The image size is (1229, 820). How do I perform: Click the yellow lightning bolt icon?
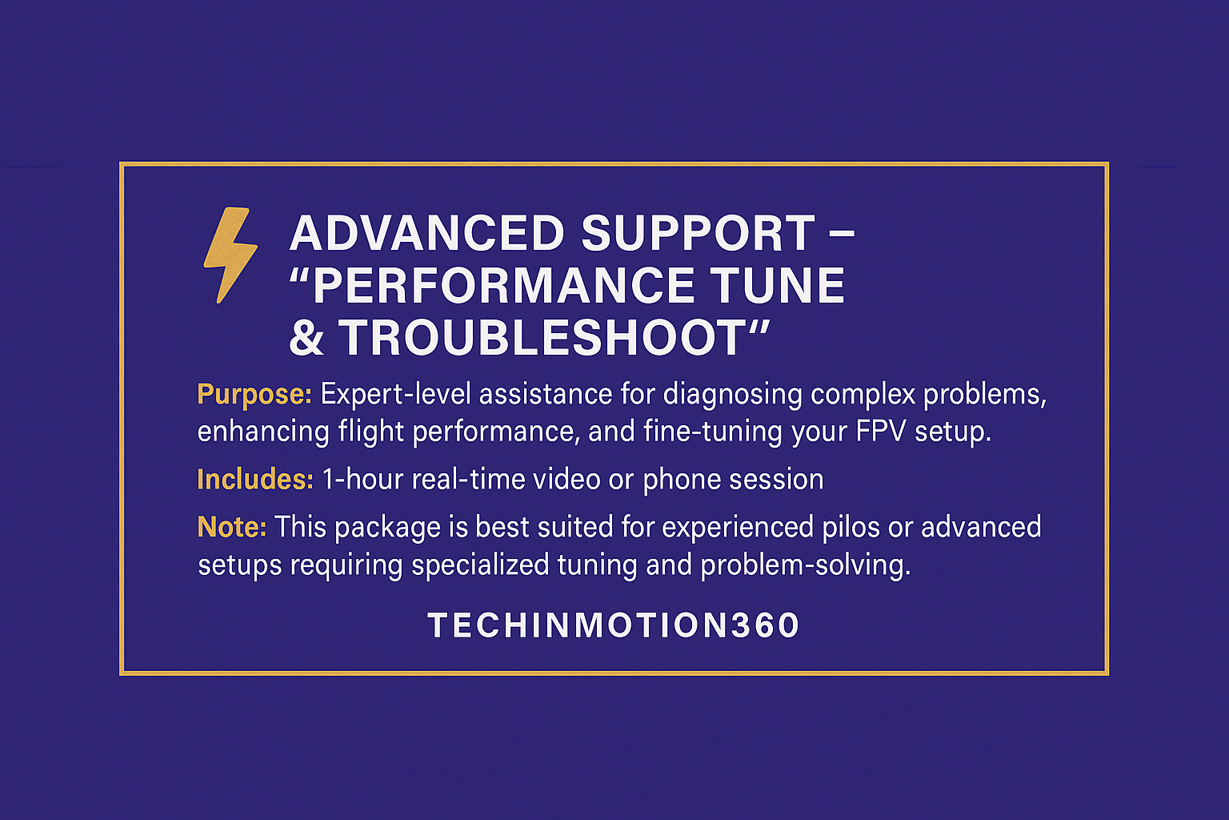pos(230,255)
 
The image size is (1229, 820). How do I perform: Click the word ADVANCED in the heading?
pos(427,234)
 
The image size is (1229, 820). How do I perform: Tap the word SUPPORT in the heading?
pos(698,234)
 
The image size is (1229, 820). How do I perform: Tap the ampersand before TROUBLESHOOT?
pos(306,338)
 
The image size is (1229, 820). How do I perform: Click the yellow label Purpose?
pos(254,394)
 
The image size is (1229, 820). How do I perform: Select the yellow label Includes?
pos(254,479)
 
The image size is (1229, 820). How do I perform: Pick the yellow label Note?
pos(231,527)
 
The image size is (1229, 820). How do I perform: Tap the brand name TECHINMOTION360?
pos(614,625)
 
